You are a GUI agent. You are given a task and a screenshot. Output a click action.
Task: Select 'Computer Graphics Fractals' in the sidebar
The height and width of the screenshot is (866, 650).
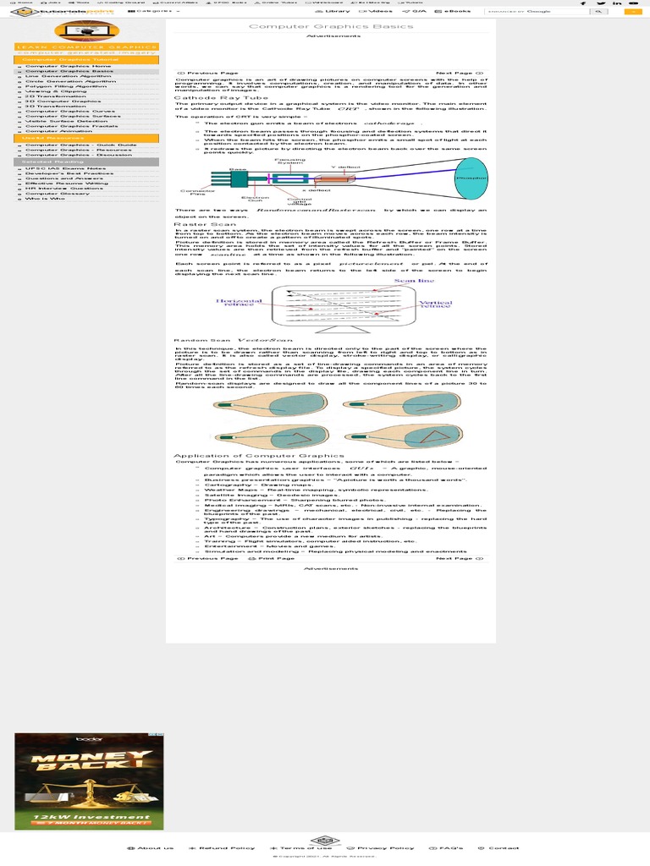click(x=71, y=126)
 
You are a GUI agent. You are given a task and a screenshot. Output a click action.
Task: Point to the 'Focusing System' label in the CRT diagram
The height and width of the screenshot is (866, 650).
click(x=289, y=161)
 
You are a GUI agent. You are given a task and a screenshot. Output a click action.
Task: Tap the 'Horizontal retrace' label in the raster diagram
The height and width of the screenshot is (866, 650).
click(x=239, y=302)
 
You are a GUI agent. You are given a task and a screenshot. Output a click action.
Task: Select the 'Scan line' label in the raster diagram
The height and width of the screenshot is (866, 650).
click(x=415, y=281)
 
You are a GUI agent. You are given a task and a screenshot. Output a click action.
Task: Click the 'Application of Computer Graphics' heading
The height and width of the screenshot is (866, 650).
click(x=258, y=456)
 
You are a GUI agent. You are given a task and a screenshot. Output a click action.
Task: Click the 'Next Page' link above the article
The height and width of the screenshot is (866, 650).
click(x=457, y=74)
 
